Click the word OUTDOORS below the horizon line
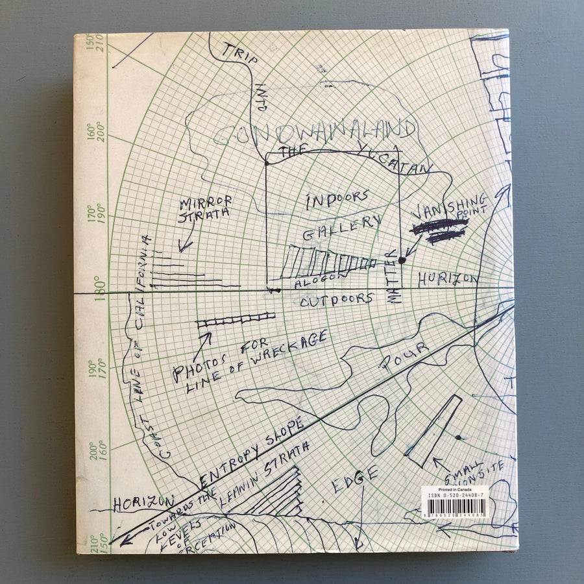point(337,300)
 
